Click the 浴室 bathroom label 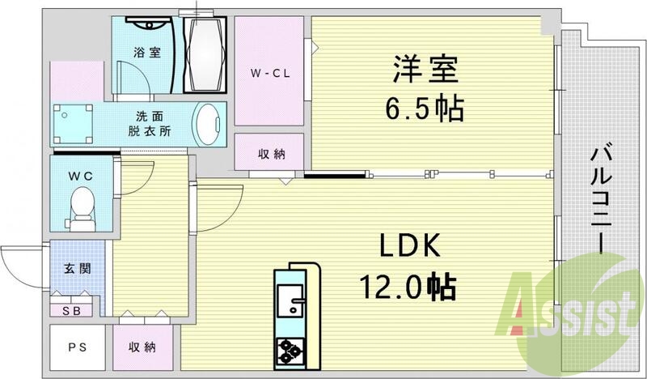[x=146, y=53]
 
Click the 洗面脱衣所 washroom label [x=147, y=124]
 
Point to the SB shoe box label [x=72, y=309]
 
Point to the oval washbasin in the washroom [x=209, y=126]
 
